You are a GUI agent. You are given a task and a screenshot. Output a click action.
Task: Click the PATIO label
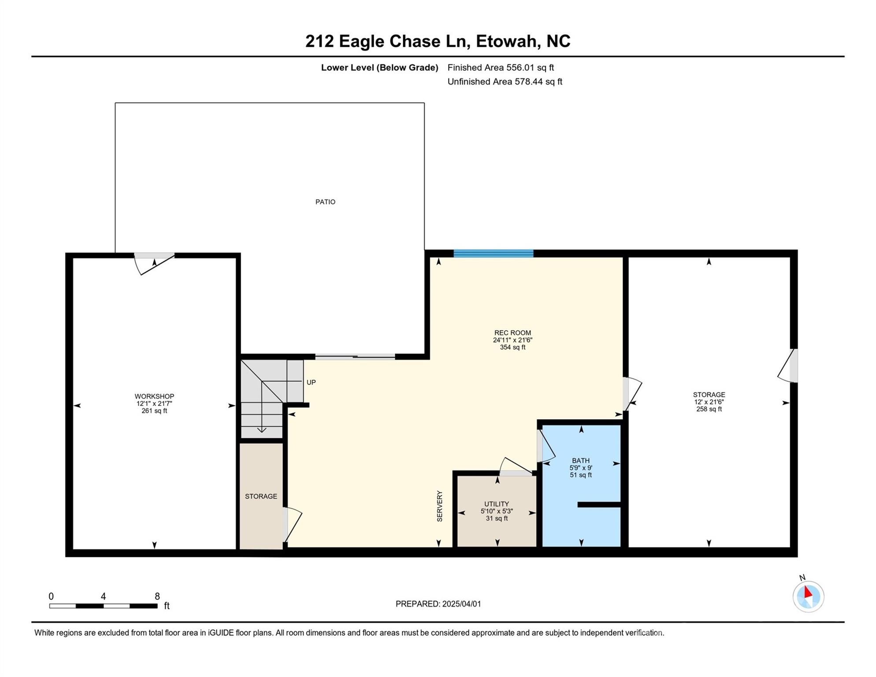coord(325,202)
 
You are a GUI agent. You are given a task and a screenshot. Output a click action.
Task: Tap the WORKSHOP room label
coord(154,396)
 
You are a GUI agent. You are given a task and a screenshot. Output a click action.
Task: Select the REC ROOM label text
coord(512,333)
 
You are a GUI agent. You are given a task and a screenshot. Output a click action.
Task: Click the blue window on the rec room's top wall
coord(493,253)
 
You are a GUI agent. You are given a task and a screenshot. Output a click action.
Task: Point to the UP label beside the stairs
coord(311,382)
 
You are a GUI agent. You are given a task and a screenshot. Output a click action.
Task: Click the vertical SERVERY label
coord(439,506)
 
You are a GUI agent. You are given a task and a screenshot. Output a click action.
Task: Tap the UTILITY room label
coord(497,504)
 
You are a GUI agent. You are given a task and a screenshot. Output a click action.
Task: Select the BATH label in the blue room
coord(580,461)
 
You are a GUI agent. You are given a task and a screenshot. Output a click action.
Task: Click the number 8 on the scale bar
coord(157,596)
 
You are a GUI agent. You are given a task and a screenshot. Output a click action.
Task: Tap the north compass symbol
coord(808,596)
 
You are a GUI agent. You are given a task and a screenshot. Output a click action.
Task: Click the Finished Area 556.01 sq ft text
coord(501,67)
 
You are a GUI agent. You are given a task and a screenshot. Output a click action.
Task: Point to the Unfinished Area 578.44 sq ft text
coord(505,82)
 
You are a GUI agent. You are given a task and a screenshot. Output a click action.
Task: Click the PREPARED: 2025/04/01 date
coord(438,604)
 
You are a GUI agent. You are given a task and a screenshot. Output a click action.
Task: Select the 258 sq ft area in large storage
coord(709,409)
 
